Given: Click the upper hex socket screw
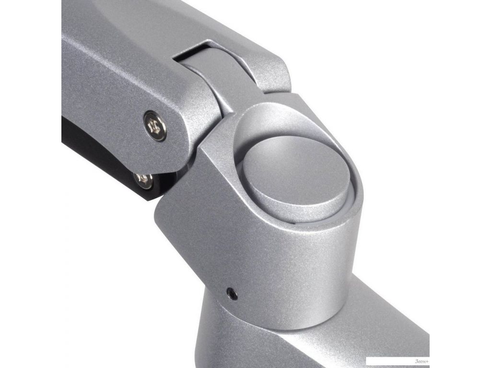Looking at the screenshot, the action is (x=155, y=126).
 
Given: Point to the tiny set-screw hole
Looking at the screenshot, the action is (x=232, y=294).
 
